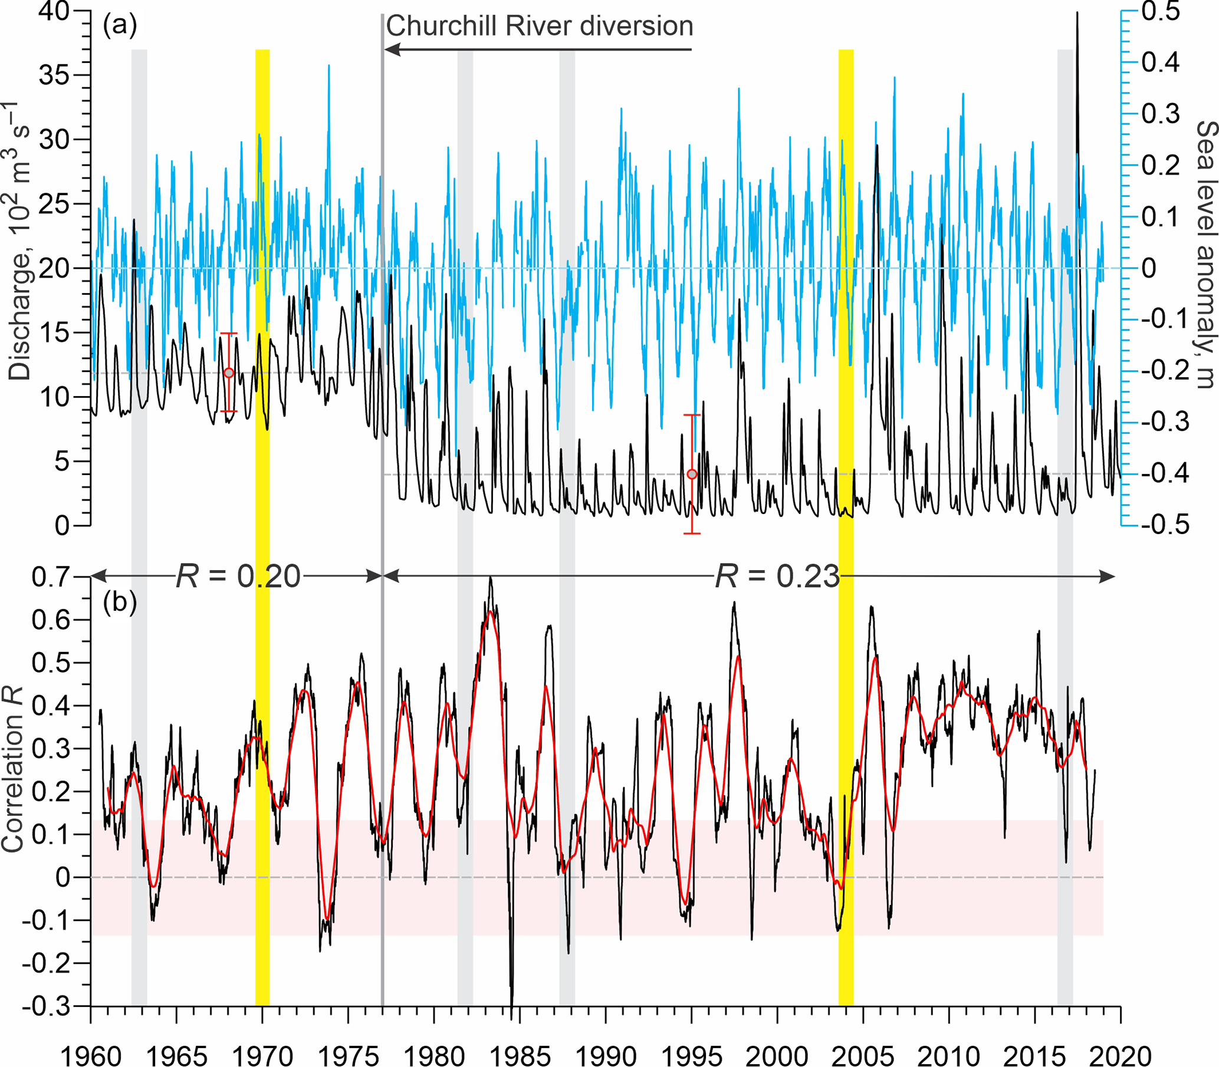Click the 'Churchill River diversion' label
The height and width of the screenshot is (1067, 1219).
(x=540, y=27)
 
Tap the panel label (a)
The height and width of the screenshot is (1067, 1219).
(x=120, y=25)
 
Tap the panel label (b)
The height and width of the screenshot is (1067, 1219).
(x=120, y=603)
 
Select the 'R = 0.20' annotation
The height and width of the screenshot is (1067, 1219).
(x=238, y=577)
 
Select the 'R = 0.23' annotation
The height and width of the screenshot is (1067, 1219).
(x=777, y=577)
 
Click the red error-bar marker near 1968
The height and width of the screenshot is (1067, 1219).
(x=229, y=373)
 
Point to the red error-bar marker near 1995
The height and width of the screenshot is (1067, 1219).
(x=691, y=474)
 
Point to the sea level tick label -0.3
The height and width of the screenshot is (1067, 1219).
(x=1164, y=422)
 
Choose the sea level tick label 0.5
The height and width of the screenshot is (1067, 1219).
(x=1161, y=12)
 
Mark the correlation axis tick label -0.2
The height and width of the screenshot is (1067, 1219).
(x=47, y=963)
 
